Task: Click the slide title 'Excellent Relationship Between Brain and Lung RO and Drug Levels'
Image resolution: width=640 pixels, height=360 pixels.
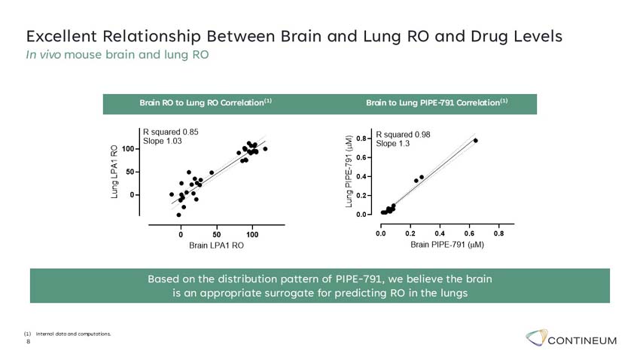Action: pyautogui.click(x=294, y=36)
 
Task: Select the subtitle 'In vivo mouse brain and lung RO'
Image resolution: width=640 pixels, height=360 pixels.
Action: pyautogui.click(x=117, y=54)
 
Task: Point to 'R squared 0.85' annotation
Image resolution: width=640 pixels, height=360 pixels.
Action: pyautogui.click(x=171, y=132)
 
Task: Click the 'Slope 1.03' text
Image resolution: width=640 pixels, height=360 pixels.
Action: pyautogui.click(x=163, y=141)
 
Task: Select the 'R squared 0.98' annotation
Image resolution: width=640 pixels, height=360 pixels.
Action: pyautogui.click(x=404, y=135)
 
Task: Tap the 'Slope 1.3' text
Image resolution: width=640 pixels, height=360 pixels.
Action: pyautogui.click(x=393, y=144)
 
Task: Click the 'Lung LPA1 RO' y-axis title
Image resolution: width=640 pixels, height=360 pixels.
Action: pyautogui.click(x=114, y=171)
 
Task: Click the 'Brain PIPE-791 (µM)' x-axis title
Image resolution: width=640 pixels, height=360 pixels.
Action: pyautogui.click(x=446, y=245)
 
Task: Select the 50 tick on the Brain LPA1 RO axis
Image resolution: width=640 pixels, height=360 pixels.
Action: pyautogui.click(x=217, y=230)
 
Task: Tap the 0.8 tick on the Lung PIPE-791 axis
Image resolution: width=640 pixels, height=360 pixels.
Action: pyautogui.click(x=362, y=139)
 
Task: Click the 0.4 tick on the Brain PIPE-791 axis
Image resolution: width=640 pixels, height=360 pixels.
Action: pyautogui.click(x=440, y=231)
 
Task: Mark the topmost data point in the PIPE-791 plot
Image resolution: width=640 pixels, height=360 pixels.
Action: pyautogui.click(x=475, y=141)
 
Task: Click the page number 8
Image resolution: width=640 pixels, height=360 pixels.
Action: pyautogui.click(x=29, y=341)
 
